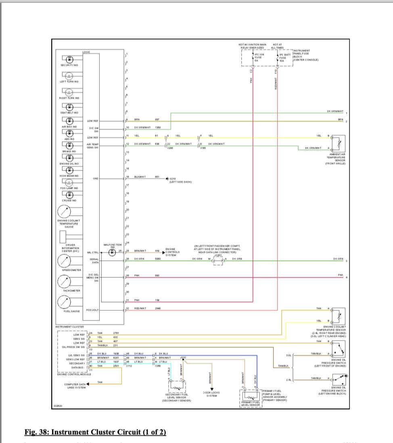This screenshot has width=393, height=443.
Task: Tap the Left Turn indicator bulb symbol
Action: coord(69,75)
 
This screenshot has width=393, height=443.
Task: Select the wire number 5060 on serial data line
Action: coord(158,259)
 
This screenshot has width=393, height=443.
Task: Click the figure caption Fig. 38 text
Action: coord(95,432)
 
